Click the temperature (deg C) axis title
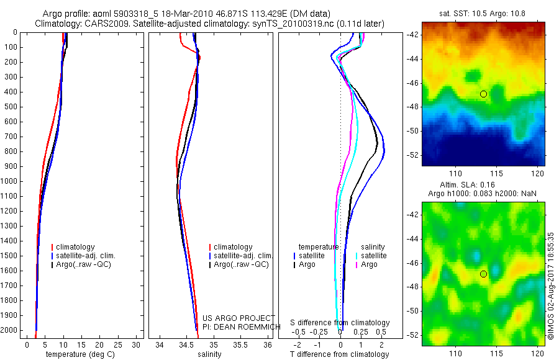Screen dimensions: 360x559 [x=78, y=354]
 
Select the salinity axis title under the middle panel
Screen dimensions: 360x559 [x=210, y=354]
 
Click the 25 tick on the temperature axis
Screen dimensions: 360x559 [x=119, y=344]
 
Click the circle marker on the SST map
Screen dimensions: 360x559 [x=483, y=94]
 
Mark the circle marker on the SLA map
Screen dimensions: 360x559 [x=483, y=274]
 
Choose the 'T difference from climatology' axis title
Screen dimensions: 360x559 [x=339, y=354]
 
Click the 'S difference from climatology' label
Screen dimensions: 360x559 [x=340, y=323]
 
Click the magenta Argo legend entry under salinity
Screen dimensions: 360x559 [x=368, y=264]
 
